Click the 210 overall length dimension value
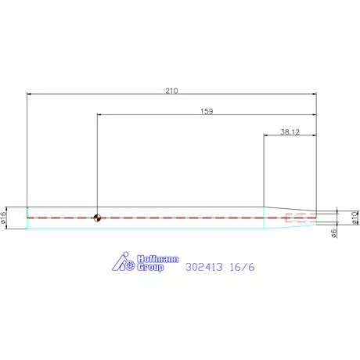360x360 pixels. click(171, 91)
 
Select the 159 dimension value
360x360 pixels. click(207, 111)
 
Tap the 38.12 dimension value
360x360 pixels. click(290, 132)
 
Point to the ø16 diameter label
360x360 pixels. click(3, 218)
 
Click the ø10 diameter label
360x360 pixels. click(355, 218)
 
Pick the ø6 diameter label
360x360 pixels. click(334, 233)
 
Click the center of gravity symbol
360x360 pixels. click(97, 218)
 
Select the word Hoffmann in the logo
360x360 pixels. click(158, 259)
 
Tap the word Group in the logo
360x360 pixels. click(150, 268)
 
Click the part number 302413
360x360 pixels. click(204, 267)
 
